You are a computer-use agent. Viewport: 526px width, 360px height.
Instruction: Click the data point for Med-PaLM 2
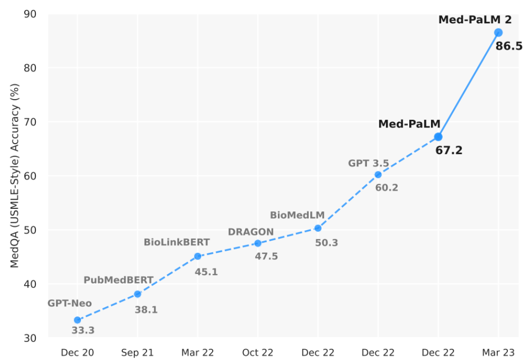point(498,32)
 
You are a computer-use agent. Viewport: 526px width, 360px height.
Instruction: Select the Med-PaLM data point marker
point(438,137)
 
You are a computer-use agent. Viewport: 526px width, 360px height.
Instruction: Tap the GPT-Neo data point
point(77,320)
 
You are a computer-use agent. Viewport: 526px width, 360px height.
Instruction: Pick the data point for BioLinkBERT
point(198,256)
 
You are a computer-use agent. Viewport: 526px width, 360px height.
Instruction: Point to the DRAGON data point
point(258,243)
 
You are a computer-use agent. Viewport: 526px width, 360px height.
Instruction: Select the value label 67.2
point(449,151)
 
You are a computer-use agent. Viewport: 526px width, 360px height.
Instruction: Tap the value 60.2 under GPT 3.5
point(387,188)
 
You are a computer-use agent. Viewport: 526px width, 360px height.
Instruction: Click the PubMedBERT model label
point(118,280)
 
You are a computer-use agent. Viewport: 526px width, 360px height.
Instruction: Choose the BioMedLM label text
point(297,215)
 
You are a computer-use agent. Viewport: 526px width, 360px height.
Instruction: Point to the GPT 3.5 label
point(368,163)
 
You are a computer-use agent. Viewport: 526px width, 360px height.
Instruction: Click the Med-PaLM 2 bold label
point(475,20)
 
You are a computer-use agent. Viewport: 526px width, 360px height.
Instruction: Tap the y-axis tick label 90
point(30,14)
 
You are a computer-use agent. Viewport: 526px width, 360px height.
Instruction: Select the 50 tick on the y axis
point(30,230)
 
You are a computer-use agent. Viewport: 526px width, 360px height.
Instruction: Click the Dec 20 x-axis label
point(77,352)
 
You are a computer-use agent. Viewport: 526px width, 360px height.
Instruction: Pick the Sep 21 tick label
point(137,352)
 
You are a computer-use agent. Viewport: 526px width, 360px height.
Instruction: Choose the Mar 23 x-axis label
point(498,352)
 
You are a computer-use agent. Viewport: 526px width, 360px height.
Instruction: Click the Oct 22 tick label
point(258,352)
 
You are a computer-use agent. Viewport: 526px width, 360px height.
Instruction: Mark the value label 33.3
point(83,331)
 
